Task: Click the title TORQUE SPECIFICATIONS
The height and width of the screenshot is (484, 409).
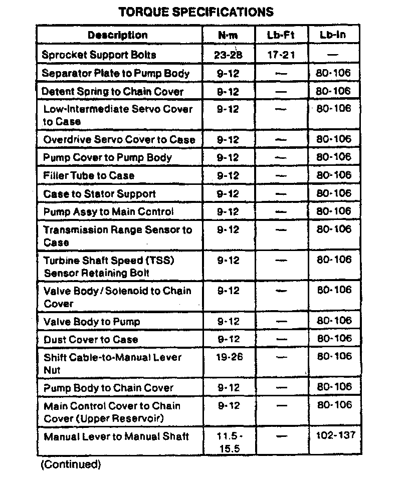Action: click(x=195, y=12)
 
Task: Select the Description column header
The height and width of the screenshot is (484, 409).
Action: click(x=118, y=35)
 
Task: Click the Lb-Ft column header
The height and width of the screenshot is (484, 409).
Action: click(x=281, y=35)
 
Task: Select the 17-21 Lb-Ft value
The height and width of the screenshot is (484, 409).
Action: click(x=281, y=55)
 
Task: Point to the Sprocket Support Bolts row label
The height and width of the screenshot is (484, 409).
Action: click(x=99, y=55)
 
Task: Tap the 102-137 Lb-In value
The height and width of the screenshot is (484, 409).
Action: click(x=335, y=435)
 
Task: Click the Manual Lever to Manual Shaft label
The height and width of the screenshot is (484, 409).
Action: click(x=116, y=436)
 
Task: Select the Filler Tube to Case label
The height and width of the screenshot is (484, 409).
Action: click(x=89, y=175)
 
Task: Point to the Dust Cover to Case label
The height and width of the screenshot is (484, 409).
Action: click(x=91, y=339)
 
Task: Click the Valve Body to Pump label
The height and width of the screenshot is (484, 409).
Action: click(x=92, y=322)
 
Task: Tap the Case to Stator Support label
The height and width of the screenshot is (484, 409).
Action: click(x=99, y=193)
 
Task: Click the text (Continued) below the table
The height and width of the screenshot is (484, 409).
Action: click(x=71, y=464)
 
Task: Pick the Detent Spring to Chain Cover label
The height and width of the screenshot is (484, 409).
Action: click(x=112, y=91)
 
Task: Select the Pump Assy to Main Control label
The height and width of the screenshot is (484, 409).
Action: click(x=108, y=211)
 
